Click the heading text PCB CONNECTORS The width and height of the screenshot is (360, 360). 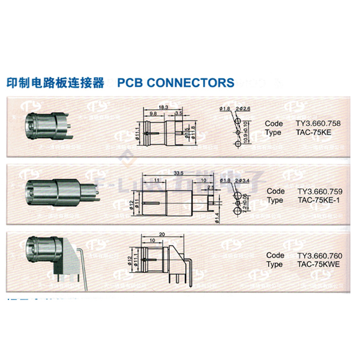click(x=176, y=82)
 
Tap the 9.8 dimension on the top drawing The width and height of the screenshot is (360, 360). click(x=154, y=113)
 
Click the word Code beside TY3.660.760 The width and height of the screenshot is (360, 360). click(x=275, y=256)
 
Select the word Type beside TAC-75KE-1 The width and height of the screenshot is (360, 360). click(x=275, y=200)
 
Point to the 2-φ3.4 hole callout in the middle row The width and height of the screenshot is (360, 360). click(x=242, y=180)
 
